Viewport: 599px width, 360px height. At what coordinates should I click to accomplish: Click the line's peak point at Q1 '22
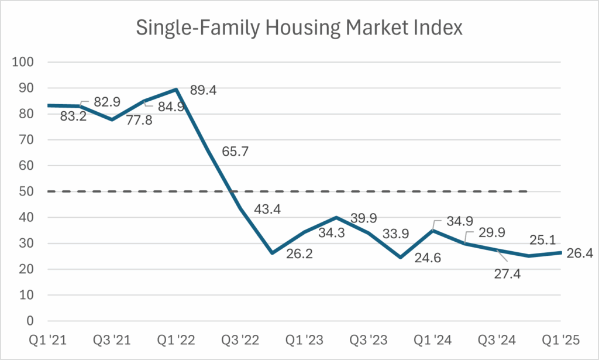(176, 90)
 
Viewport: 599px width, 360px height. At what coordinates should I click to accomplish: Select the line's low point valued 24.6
(400, 257)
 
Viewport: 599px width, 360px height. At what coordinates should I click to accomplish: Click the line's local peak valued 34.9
(432, 231)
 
